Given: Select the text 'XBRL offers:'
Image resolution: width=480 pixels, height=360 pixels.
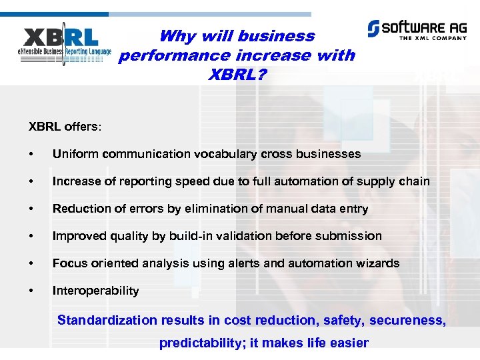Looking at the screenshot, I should (61, 126).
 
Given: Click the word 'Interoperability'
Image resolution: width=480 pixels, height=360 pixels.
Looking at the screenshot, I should (95, 291).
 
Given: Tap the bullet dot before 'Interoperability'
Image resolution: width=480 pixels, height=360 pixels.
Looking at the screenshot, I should (31, 291).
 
